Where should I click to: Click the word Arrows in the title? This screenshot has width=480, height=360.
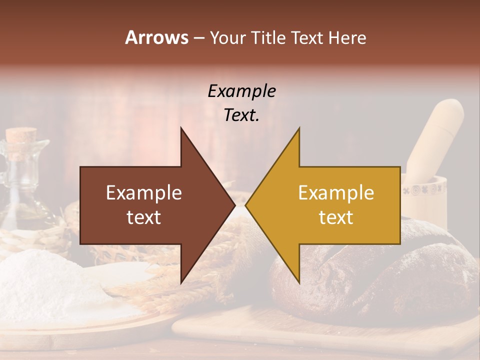click(x=156, y=37)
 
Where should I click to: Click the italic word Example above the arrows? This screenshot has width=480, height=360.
click(x=241, y=91)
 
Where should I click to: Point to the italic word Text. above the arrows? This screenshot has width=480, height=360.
click(x=241, y=115)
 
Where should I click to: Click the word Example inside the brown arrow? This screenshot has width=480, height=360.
click(x=144, y=193)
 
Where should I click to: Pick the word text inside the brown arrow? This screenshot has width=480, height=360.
click(x=144, y=217)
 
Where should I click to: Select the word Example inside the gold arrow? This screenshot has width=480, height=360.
click(x=336, y=193)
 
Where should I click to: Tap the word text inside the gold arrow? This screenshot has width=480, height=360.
click(x=336, y=217)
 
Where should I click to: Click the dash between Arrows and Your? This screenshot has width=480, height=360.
click(x=198, y=38)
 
